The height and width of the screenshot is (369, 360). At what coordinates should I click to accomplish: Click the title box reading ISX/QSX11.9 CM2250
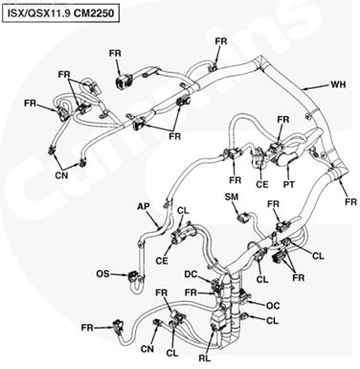60,13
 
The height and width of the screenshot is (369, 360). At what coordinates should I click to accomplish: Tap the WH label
338,84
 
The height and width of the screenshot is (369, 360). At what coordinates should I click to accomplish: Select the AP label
144,206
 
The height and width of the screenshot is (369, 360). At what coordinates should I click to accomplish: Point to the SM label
232,196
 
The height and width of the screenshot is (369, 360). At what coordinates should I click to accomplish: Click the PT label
289,184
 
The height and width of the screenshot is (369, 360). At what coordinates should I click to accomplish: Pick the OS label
102,274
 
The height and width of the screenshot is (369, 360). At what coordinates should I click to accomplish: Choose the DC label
191,274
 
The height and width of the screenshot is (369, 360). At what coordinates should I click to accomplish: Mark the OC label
273,306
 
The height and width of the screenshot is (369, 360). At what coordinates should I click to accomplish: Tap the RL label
205,358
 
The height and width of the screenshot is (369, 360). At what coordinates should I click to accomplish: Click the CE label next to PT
262,184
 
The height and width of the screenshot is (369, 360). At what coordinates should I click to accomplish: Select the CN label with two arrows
61,175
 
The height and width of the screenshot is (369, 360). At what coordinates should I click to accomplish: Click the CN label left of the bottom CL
147,349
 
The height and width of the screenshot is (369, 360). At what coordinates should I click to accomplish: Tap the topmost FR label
221,41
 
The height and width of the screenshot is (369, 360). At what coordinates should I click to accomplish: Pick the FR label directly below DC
191,292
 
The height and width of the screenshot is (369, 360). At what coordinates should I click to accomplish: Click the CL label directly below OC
272,320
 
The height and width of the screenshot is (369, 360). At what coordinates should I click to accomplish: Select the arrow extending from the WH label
316,86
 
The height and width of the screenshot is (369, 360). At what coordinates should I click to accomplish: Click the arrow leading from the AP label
154,220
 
